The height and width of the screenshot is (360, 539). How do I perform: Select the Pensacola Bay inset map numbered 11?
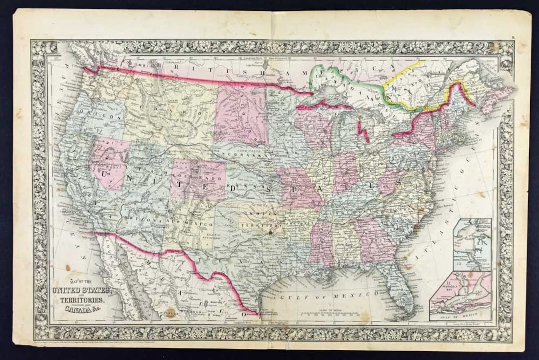[x=460, y=295]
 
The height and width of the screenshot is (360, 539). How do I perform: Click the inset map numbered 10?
[x=472, y=244]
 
